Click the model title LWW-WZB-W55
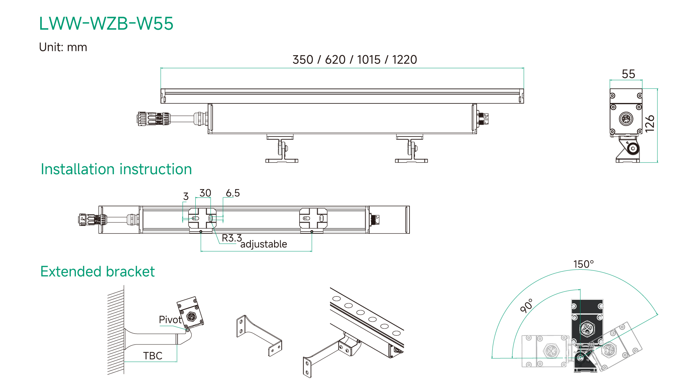click(x=106, y=24)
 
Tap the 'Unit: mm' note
click(x=63, y=47)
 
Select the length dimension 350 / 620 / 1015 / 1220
click(x=355, y=60)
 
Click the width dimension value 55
click(x=628, y=74)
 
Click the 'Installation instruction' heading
click(x=116, y=169)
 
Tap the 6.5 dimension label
click(x=233, y=193)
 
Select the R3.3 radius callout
click(x=232, y=238)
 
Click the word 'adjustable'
click(x=264, y=244)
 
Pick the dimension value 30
click(x=205, y=193)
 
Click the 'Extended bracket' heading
click(x=97, y=271)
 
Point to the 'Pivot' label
click(x=170, y=320)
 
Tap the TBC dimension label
click(x=152, y=356)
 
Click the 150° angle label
click(x=583, y=264)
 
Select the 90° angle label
click(x=527, y=306)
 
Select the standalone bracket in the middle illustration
click(x=258, y=335)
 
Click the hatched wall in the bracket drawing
click(x=116, y=330)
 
